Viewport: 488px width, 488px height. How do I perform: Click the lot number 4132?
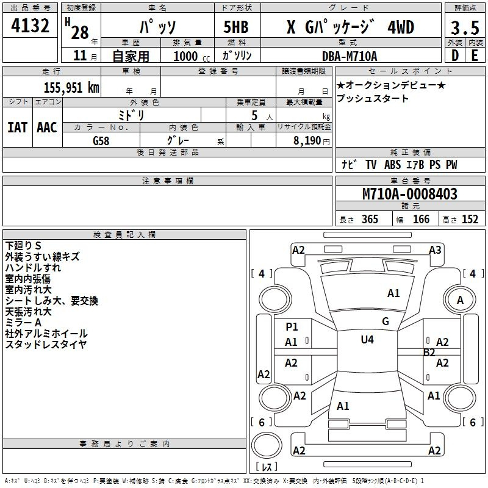[30, 26]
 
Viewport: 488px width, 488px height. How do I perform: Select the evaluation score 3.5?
[465, 27]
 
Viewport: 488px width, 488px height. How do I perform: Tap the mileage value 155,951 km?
[71, 87]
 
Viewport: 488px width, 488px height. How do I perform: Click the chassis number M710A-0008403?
[410, 194]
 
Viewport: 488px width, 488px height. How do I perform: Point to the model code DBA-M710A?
[350, 56]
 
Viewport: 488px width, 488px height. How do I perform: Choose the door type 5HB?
[236, 27]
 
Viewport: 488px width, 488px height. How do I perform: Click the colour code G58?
[101, 141]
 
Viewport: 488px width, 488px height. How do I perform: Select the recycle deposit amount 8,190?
[307, 141]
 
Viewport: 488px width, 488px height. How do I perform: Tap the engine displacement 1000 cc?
[192, 56]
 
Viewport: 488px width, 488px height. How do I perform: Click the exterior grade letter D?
[455, 56]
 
